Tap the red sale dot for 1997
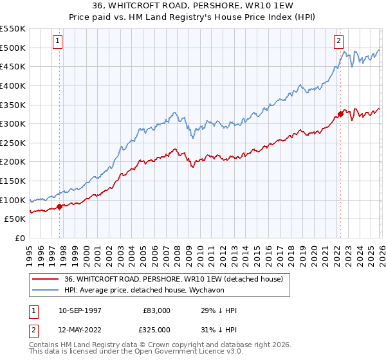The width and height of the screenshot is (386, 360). click(x=60, y=206)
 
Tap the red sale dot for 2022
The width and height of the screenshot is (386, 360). click(x=340, y=114)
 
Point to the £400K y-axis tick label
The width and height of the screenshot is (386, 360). click(x=13, y=85)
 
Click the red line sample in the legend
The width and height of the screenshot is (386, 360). click(x=46, y=278)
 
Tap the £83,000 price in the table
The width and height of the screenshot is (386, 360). click(x=156, y=310)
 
